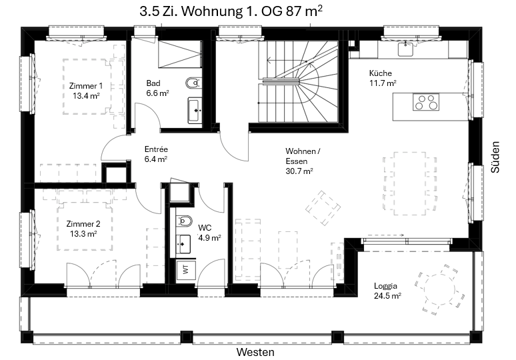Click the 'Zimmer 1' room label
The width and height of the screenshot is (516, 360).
pyautogui.click(x=86, y=86)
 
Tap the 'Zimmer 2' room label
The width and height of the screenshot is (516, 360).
pyautogui.click(x=83, y=224)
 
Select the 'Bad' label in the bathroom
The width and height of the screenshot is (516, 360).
pyautogui.click(x=153, y=83)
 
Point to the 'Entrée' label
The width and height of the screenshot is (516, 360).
pyautogui.click(x=156, y=149)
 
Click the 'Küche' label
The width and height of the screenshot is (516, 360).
pyautogui.click(x=381, y=73)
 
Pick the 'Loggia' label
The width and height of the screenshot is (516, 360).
pyautogui.click(x=386, y=285)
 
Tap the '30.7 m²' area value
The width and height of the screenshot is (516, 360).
pyautogui.click(x=299, y=171)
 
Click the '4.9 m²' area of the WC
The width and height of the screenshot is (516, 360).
pyautogui.click(x=209, y=237)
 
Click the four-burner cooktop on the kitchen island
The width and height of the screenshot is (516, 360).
pyautogui.click(x=426, y=102)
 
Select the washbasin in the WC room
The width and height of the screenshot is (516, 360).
pyautogui.click(x=183, y=244)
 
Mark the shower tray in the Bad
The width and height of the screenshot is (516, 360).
pyautogui.click(x=180, y=54)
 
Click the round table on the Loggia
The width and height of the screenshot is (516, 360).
pyautogui.click(x=439, y=290)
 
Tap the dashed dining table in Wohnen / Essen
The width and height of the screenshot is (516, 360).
pyautogui.click(x=410, y=183)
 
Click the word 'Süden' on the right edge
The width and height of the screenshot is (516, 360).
pyautogui.click(x=495, y=157)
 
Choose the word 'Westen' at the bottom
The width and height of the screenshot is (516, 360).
pyautogui.click(x=255, y=352)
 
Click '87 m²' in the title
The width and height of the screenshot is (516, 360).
pyautogui.click(x=304, y=11)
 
